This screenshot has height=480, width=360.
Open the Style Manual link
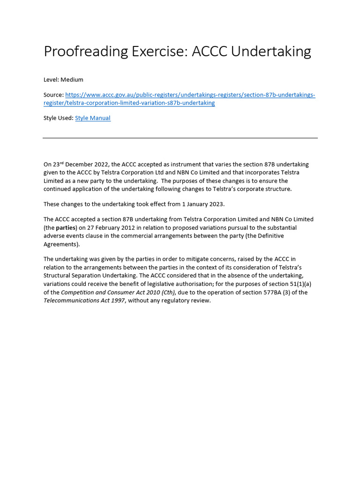pos(93,118)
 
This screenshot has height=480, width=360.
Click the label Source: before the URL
pos(53,95)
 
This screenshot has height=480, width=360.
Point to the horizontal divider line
pos(180,138)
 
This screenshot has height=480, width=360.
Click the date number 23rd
pos(58,164)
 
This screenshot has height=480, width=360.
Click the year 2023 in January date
pos(217,204)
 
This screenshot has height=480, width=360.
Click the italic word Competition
pos(79,292)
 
